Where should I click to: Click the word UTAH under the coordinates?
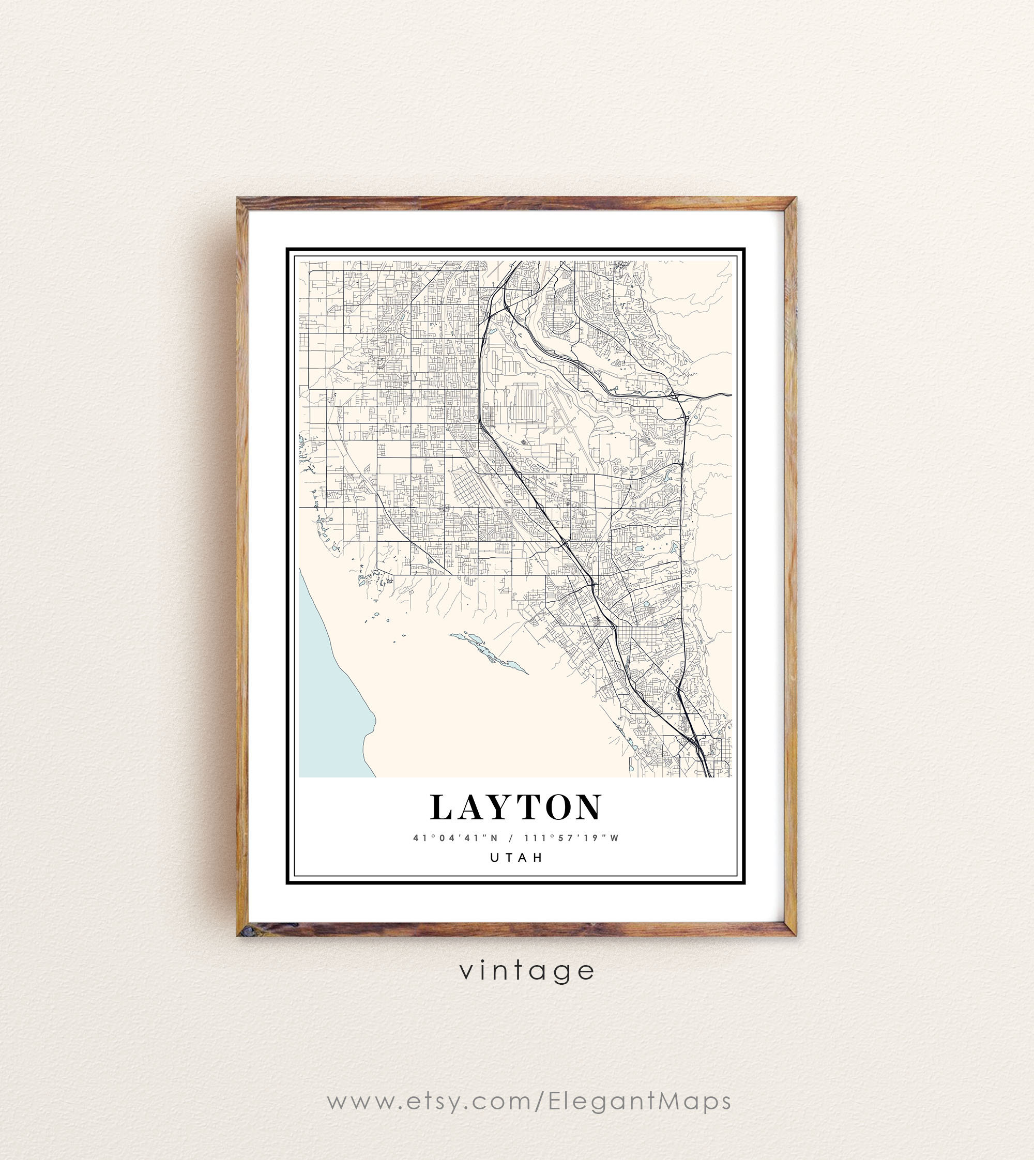(516, 857)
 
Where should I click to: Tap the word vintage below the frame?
(527, 971)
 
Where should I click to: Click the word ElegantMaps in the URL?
(640, 1102)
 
